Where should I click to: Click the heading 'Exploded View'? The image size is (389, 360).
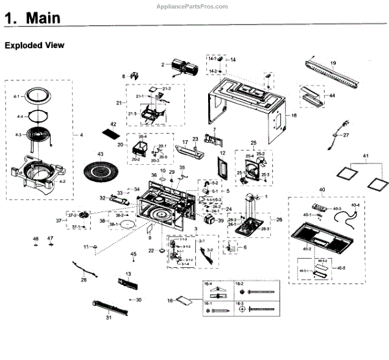tap(34, 46)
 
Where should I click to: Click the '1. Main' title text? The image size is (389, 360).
tap(33, 18)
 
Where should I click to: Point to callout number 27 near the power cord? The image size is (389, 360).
tap(346, 136)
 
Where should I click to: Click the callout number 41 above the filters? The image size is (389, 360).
tap(365, 158)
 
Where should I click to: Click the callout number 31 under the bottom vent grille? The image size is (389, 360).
tap(108, 318)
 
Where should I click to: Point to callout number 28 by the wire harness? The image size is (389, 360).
tap(83, 280)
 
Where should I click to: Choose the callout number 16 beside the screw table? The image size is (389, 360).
tap(170, 300)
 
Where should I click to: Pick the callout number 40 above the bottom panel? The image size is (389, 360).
tap(322, 190)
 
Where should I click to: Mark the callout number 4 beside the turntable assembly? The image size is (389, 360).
tap(81, 135)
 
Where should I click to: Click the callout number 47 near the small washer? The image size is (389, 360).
tap(51, 238)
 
